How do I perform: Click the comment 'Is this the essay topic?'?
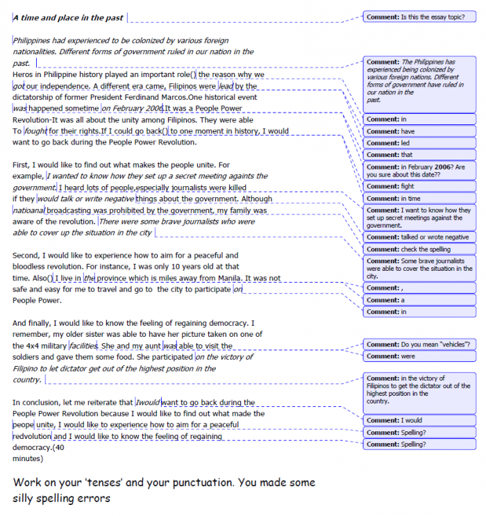click(x=419, y=15)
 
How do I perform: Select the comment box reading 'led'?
click(x=419, y=142)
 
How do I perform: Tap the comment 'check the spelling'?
click(x=419, y=249)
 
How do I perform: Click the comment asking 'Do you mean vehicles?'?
click(x=419, y=344)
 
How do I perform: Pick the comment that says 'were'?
click(x=419, y=356)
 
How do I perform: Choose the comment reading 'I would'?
click(x=419, y=420)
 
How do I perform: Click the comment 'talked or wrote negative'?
click(x=419, y=237)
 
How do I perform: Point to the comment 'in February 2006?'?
click(x=419, y=171)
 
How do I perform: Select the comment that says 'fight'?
click(x=419, y=186)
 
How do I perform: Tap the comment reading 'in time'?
click(x=419, y=198)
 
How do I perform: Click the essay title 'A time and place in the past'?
click(x=69, y=17)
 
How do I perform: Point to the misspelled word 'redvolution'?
click(x=32, y=437)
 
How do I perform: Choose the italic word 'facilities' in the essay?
click(x=84, y=345)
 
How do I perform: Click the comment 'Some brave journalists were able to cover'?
click(x=419, y=268)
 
